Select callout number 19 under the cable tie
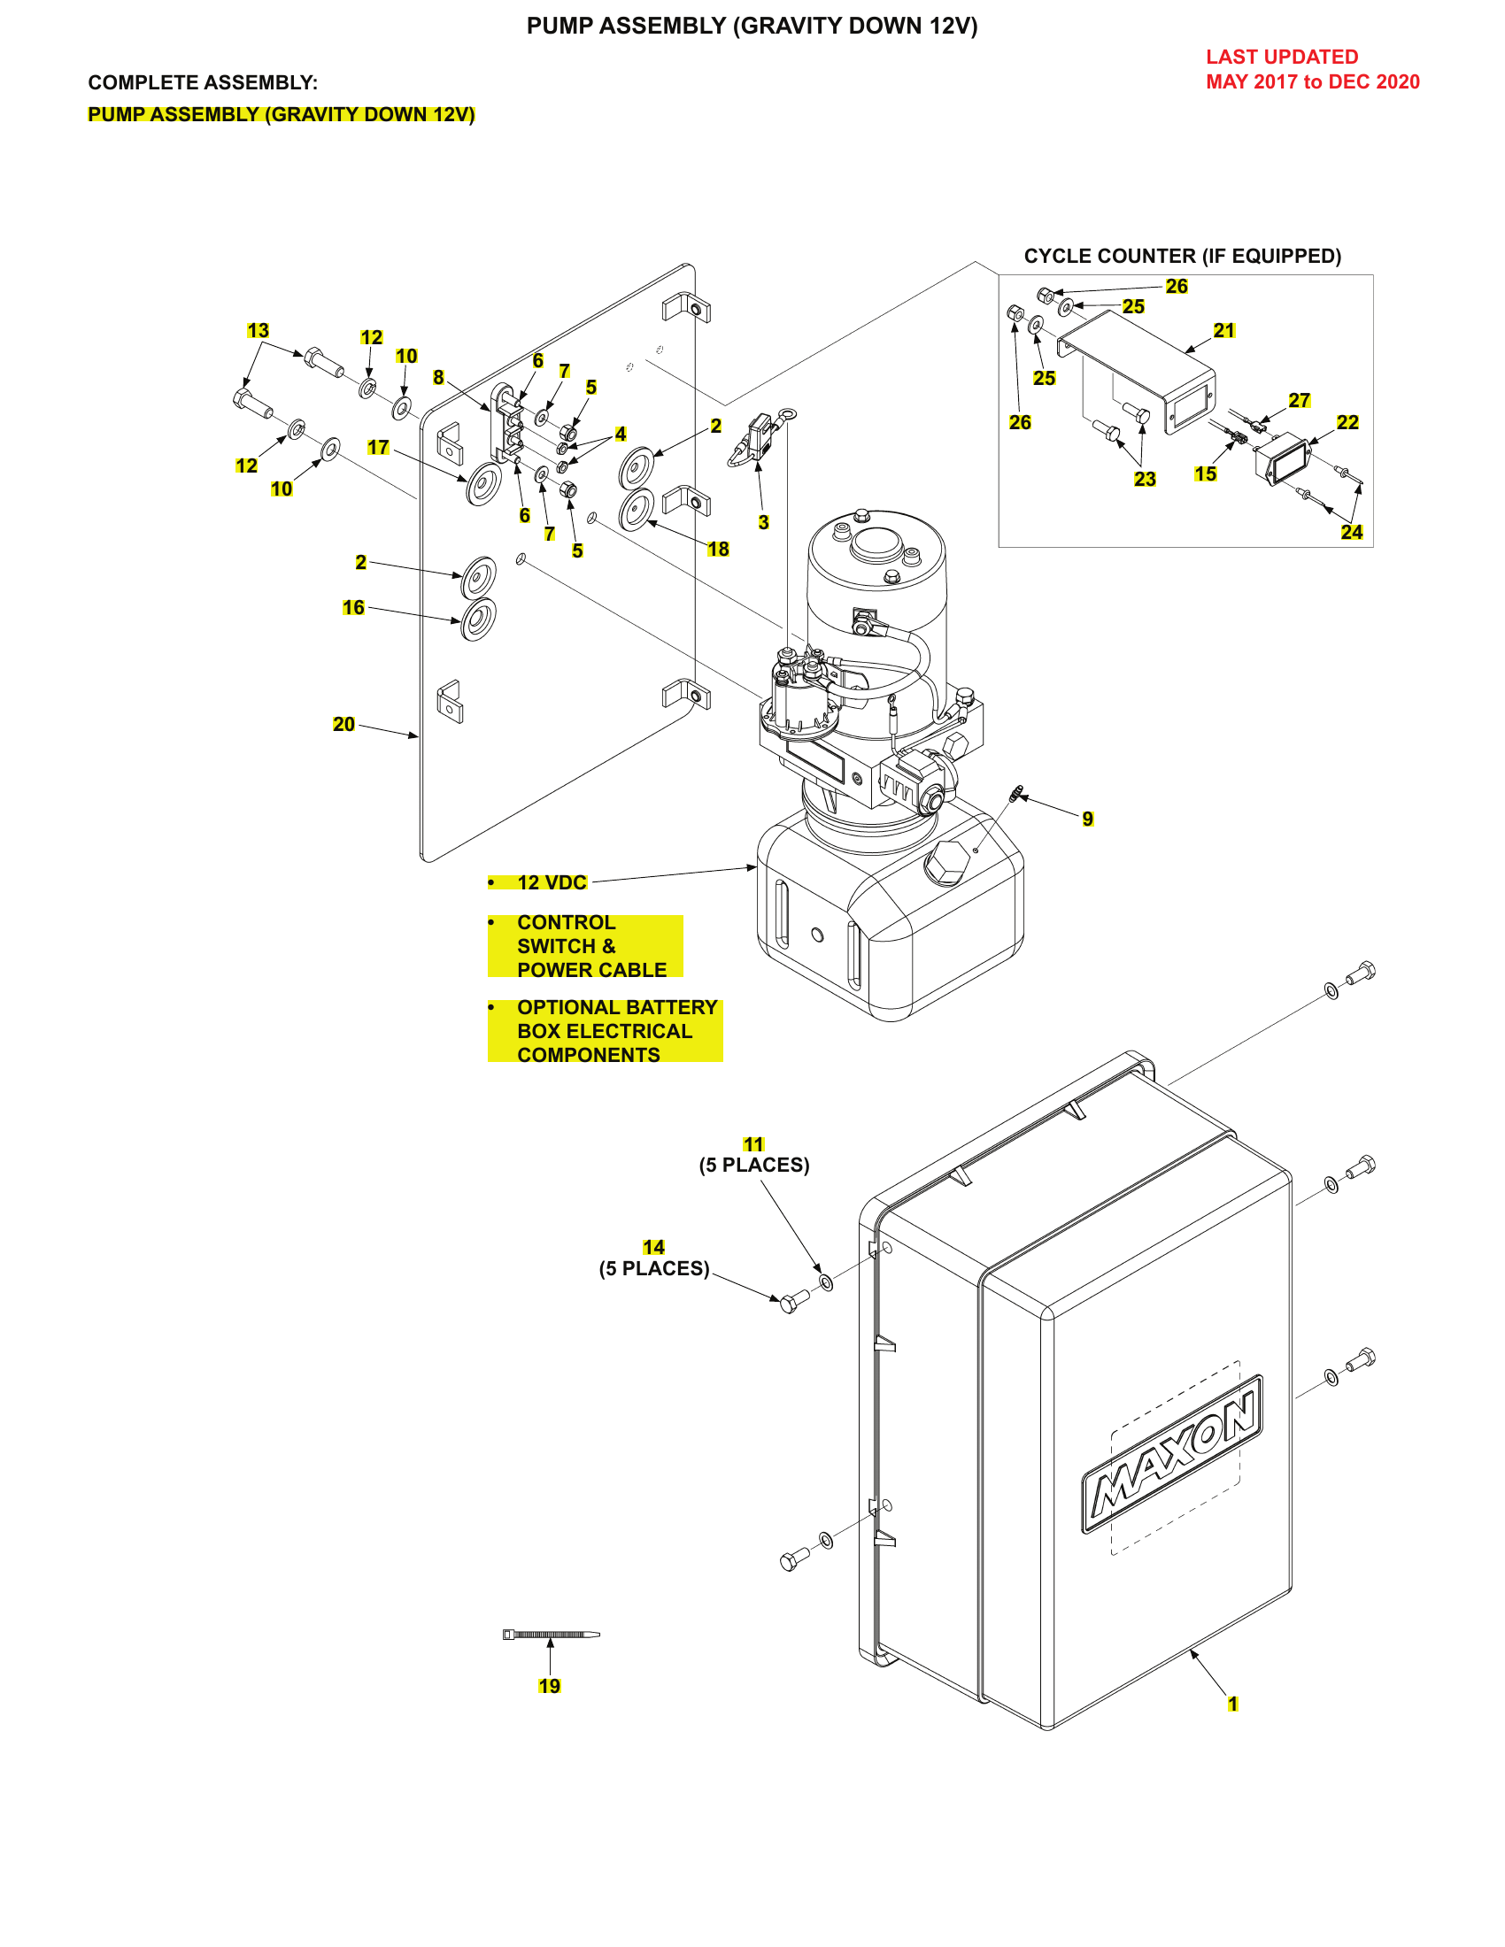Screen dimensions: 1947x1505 click(x=549, y=1686)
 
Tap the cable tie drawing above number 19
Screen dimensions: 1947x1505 click(x=551, y=1634)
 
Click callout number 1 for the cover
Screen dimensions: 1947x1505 click(x=1232, y=1704)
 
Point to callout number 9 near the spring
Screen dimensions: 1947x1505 click(x=1087, y=819)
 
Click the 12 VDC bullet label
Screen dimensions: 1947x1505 click(x=551, y=882)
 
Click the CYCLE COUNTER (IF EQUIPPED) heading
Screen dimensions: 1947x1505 click(x=1181, y=256)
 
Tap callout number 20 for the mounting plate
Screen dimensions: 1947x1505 click(x=343, y=724)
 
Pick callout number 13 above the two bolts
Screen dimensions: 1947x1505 click(x=258, y=331)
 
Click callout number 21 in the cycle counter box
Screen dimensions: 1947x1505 click(x=1223, y=331)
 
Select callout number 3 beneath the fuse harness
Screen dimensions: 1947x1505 click(x=763, y=522)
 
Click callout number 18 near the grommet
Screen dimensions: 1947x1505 click(x=718, y=550)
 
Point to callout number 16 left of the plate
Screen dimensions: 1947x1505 click(x=353, y=607)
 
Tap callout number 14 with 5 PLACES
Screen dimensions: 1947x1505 click(x=653, y=1247)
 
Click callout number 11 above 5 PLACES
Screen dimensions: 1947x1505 click(x=753, y=1143)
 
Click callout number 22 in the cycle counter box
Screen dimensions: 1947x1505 click(x=1347, y=422)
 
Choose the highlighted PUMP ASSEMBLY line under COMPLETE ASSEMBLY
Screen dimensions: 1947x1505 click(x=281, y=115)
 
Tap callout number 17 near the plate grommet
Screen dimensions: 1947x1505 click(x=378, y=448)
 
